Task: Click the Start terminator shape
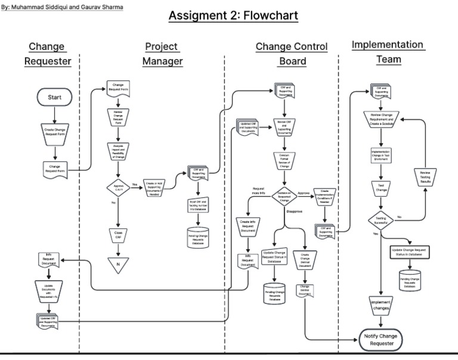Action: (x=54, y=97)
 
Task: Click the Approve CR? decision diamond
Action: (x=118, y=187)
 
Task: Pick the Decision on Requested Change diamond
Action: (x=284, y=197)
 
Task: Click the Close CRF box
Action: (x=118, y=234)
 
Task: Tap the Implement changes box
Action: (x=380, y=305)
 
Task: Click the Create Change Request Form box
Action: (x=54, y=132)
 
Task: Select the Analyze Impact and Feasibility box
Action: (x=118, y=152)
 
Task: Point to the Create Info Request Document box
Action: (x=247, y=227)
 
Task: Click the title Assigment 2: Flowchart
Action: (x=233, y=16)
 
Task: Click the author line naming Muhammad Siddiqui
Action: (x=63, y=8)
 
